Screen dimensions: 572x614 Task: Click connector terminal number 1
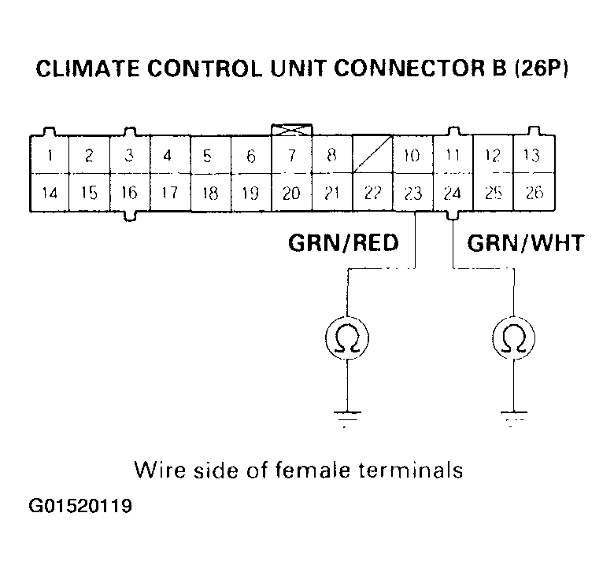point(50,156)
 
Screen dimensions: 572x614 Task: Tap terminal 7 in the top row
point(291,156)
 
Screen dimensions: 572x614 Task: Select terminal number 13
point(533,156)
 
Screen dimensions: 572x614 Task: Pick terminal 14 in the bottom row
point(50,193)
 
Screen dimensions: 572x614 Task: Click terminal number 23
point(412,193)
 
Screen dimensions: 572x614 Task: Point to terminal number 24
point(453,193)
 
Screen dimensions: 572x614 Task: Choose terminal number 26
point(534,193)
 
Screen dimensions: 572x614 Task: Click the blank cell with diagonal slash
point(372,156)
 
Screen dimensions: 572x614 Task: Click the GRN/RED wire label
point(343,243)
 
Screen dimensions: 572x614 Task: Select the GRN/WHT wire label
point(526,243)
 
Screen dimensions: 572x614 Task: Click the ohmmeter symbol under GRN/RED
point(347,338)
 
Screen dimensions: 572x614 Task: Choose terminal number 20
point(291,193)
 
